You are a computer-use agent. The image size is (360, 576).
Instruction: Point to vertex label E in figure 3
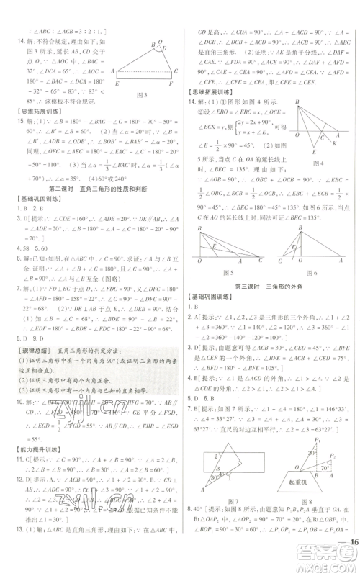117,84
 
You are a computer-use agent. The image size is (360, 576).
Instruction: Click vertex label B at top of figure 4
295,103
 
